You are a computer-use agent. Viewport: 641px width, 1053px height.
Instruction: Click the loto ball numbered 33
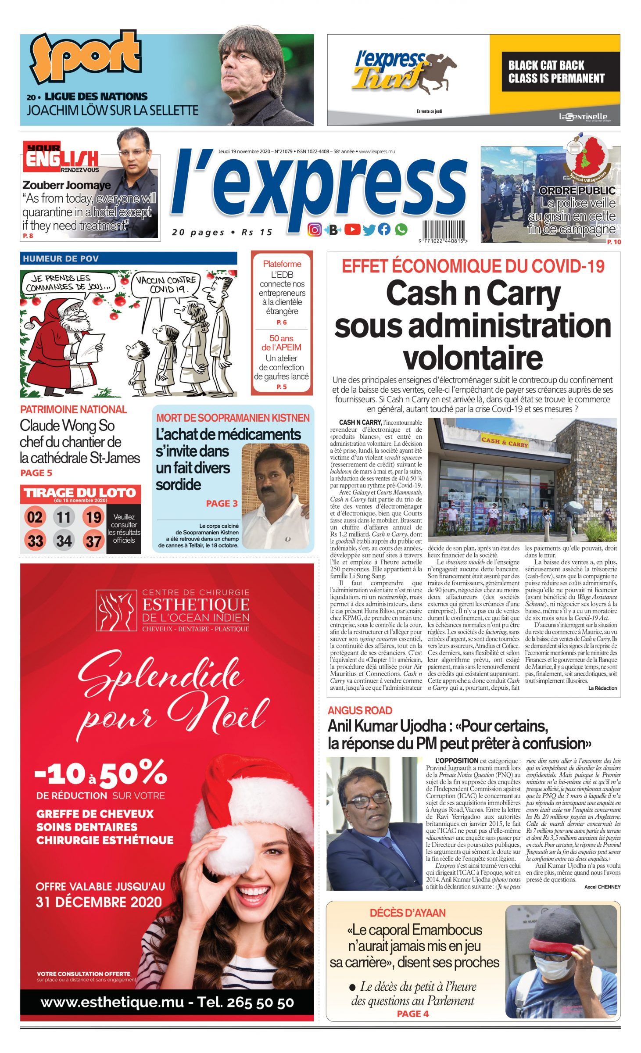pos(35,541)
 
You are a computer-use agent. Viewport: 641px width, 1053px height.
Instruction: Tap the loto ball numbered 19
pos(93,517)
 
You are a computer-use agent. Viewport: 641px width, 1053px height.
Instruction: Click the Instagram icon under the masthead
pos(314,229)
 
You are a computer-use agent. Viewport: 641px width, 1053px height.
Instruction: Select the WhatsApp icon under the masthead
pos(401,229)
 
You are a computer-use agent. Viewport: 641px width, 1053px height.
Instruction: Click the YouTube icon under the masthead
pos(352,229)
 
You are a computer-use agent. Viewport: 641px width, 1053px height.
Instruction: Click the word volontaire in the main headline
pos(473,358)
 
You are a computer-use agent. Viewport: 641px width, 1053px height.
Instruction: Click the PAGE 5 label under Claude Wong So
pos(36,473)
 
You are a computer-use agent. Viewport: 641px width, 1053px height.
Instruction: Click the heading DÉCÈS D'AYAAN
pos(408,913)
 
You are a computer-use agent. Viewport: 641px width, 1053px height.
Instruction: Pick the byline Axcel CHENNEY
pos(602,887)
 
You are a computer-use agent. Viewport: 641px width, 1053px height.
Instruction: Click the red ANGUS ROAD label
pos(360,711)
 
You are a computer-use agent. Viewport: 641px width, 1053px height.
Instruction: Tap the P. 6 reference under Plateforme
pos(281,322)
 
